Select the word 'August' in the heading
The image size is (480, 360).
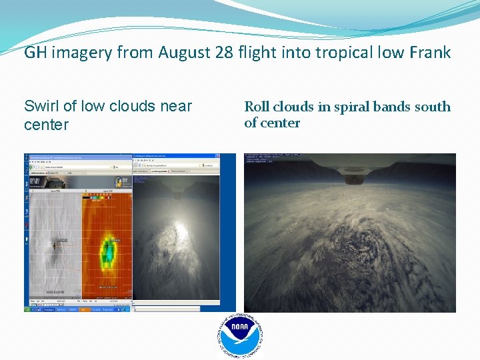187,53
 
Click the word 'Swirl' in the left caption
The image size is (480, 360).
41,106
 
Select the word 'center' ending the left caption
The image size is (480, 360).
46,125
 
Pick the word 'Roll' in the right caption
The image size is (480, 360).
257,107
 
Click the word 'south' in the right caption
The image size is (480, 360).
432,107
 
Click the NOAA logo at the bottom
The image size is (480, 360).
240,335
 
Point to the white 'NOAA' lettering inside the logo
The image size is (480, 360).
240,328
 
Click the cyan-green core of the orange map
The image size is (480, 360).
107,251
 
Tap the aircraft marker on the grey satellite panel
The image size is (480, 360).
56,243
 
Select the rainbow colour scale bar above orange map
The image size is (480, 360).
99,197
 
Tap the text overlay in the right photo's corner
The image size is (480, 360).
266,159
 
